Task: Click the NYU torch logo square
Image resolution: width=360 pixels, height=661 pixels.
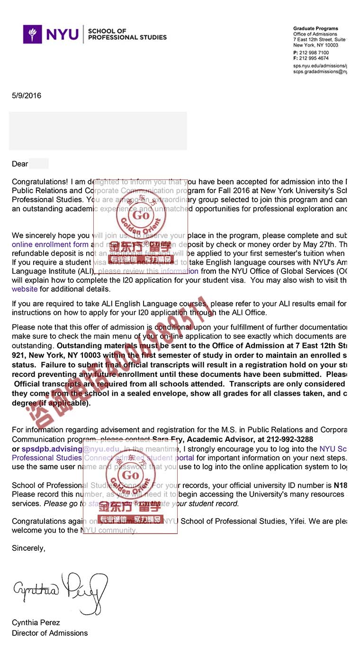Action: click(x=33, y=34)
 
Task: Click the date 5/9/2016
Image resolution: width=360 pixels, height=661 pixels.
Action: click(x=27, y=96)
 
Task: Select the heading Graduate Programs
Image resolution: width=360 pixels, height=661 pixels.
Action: click(x=315, y=29)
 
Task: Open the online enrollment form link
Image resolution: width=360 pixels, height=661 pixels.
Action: click(x=50, y=244)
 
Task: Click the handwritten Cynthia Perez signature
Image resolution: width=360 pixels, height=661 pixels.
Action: click(x=60, y=591)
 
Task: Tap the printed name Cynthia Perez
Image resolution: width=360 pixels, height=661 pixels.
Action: click(x=36, y=623)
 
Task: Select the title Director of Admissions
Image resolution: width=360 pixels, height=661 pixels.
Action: click(x=50, y=633)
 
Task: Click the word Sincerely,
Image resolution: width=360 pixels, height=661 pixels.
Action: click(x=29, y=548)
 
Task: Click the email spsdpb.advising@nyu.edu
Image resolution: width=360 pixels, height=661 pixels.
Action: click(x=71, y=449)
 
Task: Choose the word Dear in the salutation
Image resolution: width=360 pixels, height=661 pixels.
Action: click(x=20, y=164)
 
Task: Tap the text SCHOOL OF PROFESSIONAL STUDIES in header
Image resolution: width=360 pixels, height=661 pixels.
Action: click(x=127, y=34)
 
